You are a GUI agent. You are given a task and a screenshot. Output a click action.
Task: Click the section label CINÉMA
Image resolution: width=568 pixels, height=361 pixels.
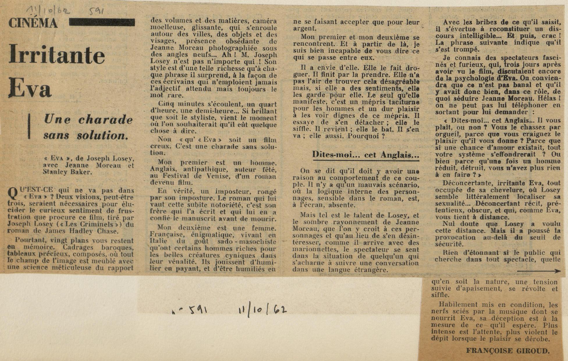[33, 23]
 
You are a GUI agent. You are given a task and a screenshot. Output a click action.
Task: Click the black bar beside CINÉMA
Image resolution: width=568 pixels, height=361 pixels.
[102, 22]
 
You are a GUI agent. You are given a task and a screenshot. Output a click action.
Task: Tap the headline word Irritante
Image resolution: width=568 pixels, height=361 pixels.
[57, 55]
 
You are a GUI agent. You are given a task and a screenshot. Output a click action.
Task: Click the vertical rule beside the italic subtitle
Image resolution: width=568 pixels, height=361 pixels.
[29, 126]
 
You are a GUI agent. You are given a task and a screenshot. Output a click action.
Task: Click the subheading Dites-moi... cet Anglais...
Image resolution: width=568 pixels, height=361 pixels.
[365, 155]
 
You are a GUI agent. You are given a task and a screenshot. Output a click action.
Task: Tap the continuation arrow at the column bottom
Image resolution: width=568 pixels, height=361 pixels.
[538, 271]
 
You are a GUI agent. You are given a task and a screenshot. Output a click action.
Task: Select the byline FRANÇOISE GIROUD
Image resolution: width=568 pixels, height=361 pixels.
[508, 351]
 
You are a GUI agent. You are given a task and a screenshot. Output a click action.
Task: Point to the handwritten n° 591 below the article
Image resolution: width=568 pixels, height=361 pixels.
[189, 311]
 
